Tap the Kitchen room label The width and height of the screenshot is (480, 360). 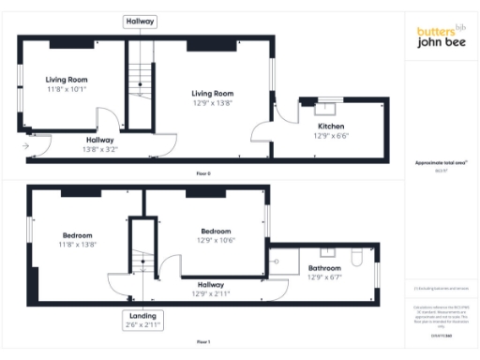click(x=331, y=126)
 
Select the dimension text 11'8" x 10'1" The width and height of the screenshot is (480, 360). click(x=66, y=90)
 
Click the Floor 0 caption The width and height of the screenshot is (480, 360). click(x=203, y=173)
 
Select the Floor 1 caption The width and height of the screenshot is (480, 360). click(x=203, y=342)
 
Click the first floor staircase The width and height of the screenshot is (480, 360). click(x=141, y=262)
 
